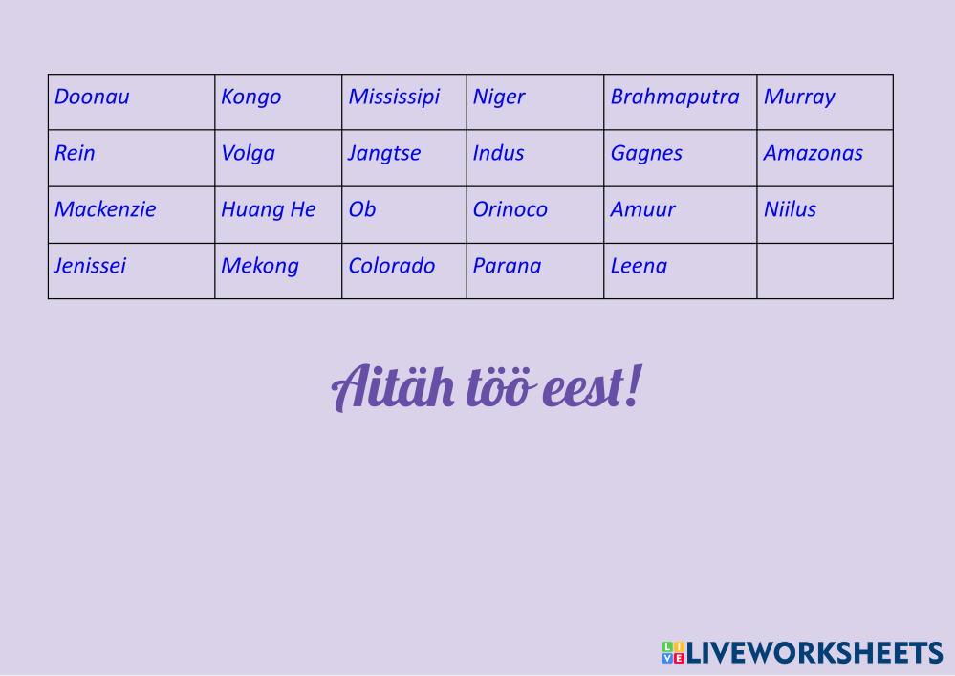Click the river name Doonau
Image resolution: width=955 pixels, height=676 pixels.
click(x=92, y=97)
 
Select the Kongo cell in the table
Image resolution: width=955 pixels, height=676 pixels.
click(x=278, y=102)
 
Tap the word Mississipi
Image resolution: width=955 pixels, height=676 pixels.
click(x=394, y=97)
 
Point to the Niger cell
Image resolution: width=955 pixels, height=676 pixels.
click(x=535, y=102)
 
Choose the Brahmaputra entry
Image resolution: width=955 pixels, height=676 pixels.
click(x=675, y=97)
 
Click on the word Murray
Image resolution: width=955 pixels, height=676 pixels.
click(x=799, y=98)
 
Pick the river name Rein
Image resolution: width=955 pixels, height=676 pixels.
click(x=75, y=153)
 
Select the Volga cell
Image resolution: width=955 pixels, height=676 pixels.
click(x=278, y=159)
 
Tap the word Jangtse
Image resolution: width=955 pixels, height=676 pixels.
click(x=384, y=154)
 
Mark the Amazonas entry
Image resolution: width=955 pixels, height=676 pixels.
click(x=814, y=153)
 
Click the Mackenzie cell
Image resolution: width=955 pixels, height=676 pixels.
click(x=132, y=215)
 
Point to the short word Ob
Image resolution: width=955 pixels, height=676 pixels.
click(x=361, y=209)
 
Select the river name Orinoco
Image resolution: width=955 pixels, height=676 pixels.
click(x=510, y=209)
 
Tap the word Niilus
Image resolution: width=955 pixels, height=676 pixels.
click(x=790, y=209)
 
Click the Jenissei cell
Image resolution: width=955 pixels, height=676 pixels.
click(x=132, y=271)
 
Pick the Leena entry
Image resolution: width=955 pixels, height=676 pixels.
click(x=639, y=266)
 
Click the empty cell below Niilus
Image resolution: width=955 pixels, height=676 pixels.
click(x=825, y=271)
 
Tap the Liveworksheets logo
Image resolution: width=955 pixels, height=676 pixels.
click(x=802, y=652)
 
